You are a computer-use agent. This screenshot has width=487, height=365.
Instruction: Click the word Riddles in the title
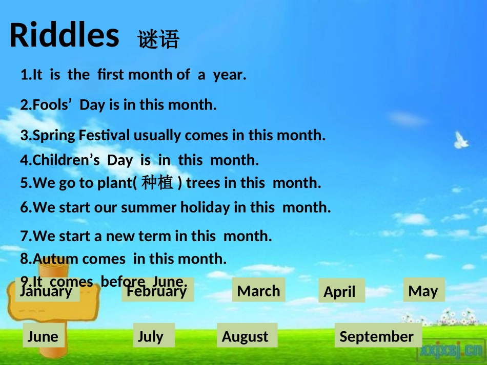tap(64, 35)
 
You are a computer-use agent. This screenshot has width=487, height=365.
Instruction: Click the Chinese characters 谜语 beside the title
tap(158, 39)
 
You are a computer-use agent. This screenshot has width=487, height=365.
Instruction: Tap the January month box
tap(48, 290)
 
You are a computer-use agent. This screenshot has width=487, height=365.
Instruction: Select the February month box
tap(158, 290)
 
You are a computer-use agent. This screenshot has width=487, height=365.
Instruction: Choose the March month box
tap(258, 290)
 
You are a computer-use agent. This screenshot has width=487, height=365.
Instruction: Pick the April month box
tap(341, 291)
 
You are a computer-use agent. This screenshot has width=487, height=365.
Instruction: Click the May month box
tap(424, 290)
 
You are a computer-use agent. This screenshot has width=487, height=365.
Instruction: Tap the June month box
tap(44, 335)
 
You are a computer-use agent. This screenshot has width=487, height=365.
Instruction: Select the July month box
tap(154, 335)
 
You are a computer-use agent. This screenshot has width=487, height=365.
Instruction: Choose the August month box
tap(247, 335)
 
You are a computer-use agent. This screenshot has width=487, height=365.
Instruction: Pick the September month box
tap(378, 335)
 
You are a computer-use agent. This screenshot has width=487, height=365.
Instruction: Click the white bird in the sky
tap(461, 140)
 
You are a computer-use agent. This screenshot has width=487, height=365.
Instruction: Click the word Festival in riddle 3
tap(104, 135)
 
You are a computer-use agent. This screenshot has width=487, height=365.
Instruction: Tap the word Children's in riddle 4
tap(66, 160)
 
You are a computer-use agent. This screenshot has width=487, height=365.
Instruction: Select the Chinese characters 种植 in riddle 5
tap(157, 182)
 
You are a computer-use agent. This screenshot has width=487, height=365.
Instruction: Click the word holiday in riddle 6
tap(205, 207)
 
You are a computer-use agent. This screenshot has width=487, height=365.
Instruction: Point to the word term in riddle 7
tap(154, 236)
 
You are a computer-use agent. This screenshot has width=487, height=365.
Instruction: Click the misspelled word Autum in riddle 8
tap(55, 259)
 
